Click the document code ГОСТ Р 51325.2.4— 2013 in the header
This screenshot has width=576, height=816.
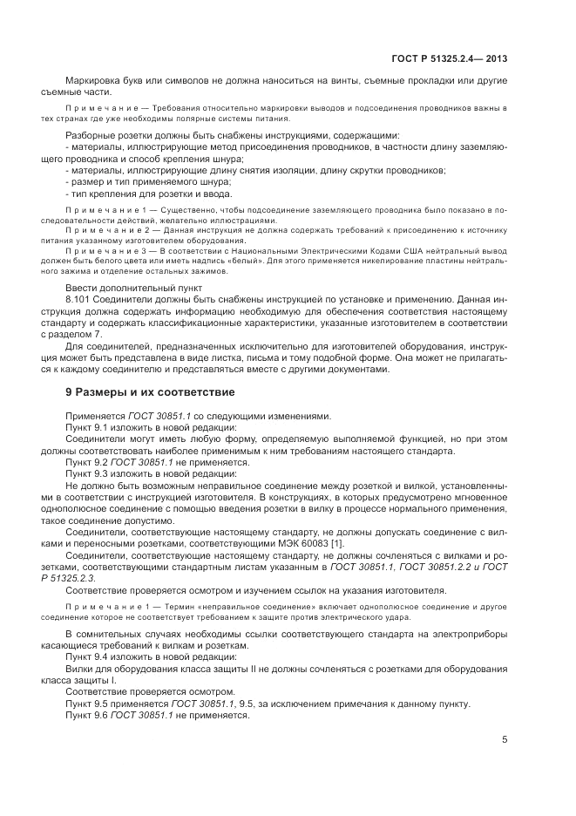click(451, 59)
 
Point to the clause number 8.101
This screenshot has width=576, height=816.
click(79, 322)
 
